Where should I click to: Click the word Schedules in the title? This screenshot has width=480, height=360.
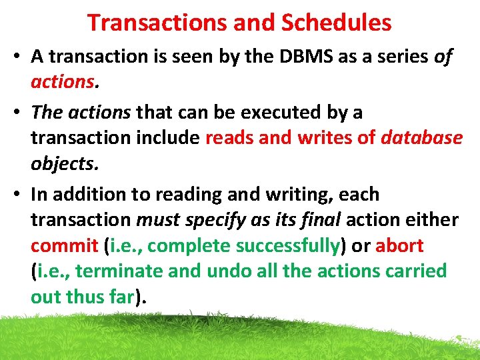pyautogui.click(x=336, y=23)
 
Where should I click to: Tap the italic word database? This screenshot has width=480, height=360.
pyautogui.click(x=421, y=138)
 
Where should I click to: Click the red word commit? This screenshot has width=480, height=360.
pyautogui.click(x=64, y=245)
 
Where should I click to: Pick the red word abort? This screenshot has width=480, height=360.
pyautogui.click(x=399, y=245)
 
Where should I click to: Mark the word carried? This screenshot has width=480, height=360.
pyautogui.click(x=413, y=271)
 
